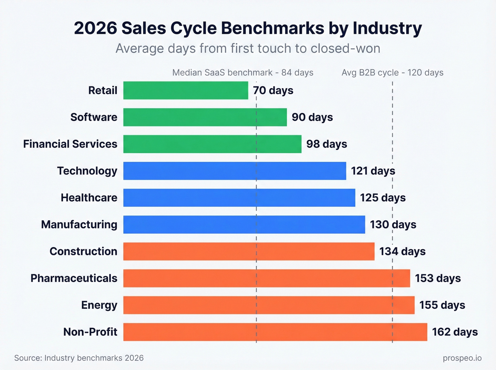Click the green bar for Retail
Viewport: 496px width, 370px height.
point(186,90)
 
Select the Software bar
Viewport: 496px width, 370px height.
point(205,117)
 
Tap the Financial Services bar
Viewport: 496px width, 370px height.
point(212,144)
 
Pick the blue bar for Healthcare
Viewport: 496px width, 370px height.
point(239,198)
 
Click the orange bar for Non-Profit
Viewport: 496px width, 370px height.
point(275,332)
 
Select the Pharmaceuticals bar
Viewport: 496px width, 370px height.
point(266,278)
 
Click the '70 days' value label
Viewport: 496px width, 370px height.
point(273,91)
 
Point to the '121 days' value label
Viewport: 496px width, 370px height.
point(373,171)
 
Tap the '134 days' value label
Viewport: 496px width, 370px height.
point(402,251)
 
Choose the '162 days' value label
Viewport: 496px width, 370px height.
point(455,332)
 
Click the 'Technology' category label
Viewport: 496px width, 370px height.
point(87,171)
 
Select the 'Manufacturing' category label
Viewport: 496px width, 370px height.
point(79,224)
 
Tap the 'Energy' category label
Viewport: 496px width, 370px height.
point(99,305)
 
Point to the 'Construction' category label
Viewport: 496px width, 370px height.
point(83,251)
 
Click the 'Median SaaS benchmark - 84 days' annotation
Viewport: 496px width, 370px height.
point(243,73)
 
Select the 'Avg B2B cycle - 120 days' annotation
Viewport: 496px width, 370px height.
point(392,73)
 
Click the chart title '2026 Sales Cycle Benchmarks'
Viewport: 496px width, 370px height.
point(248,28)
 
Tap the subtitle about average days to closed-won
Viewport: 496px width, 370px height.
point(248,49)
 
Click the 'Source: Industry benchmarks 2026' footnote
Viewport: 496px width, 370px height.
point(79,358)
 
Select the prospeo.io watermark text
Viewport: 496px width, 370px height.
point(462,358)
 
